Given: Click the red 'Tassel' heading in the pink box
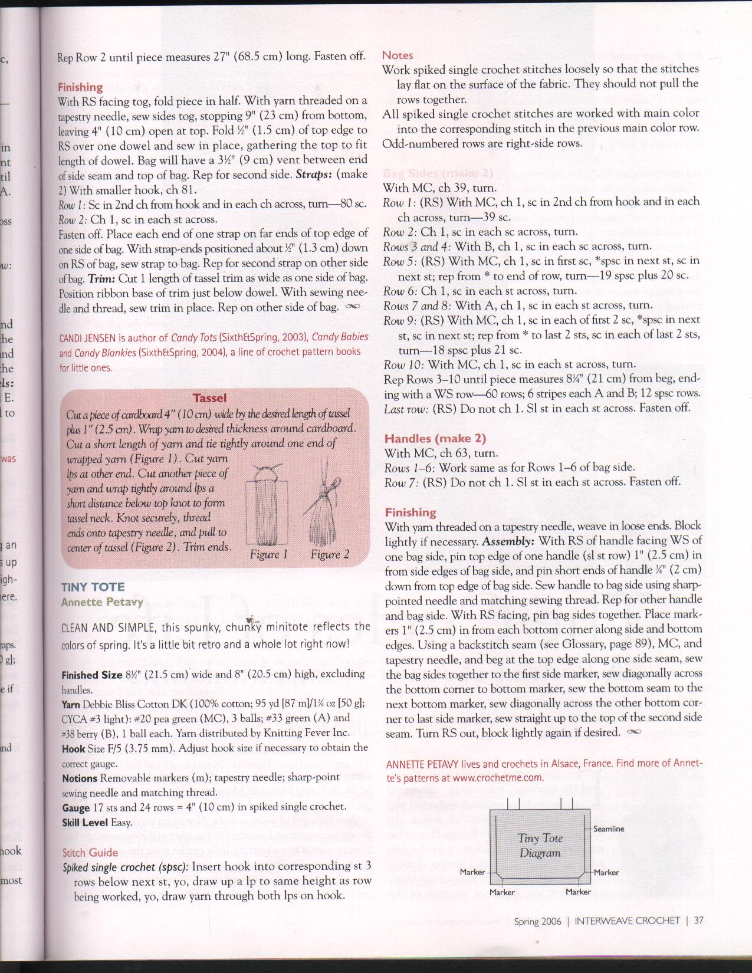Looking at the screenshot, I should pos(209,398).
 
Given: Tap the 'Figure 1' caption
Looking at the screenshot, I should pos(268,554).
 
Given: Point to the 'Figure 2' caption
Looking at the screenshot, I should pos(330,554).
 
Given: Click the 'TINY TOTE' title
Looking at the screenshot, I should pos(93,587).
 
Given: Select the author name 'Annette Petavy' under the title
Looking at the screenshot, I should pos(102,602).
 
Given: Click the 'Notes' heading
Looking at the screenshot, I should pos(398,55).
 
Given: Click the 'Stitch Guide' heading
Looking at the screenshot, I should pos(90,852).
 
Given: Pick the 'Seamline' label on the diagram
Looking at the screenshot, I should pos(608,829).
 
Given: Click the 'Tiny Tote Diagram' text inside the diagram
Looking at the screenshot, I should pos(540,846).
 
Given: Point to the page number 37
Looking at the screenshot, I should pos(698,921).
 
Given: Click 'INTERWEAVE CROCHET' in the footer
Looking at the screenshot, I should pos(628,921).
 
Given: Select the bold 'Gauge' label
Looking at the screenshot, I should pos(75,808).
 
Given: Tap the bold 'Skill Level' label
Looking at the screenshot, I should pos(85,823).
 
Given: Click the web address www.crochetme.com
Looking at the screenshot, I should pos(498,778).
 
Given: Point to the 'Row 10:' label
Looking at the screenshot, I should pos(403,364).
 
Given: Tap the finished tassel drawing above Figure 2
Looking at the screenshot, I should pos(321,507).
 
